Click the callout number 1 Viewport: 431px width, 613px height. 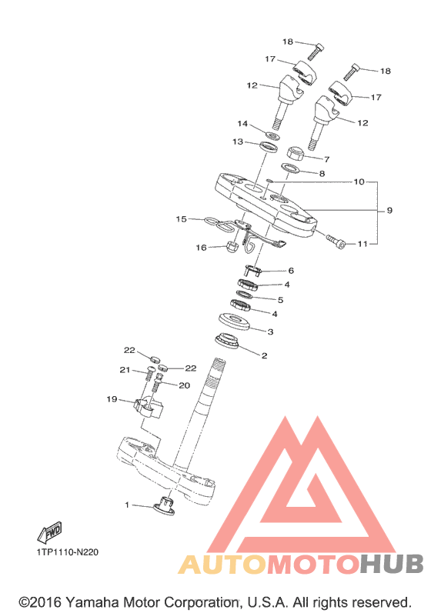pos(127,505)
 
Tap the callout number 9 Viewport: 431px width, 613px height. pos(389,210)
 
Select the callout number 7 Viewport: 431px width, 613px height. pos(326,159)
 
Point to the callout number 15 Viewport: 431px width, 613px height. pos(181,219)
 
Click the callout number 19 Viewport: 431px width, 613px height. pos(112,399)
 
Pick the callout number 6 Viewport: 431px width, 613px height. pos(291,271)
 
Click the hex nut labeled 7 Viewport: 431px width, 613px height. pos(296,152)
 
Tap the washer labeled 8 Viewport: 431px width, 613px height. pos(290,168)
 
